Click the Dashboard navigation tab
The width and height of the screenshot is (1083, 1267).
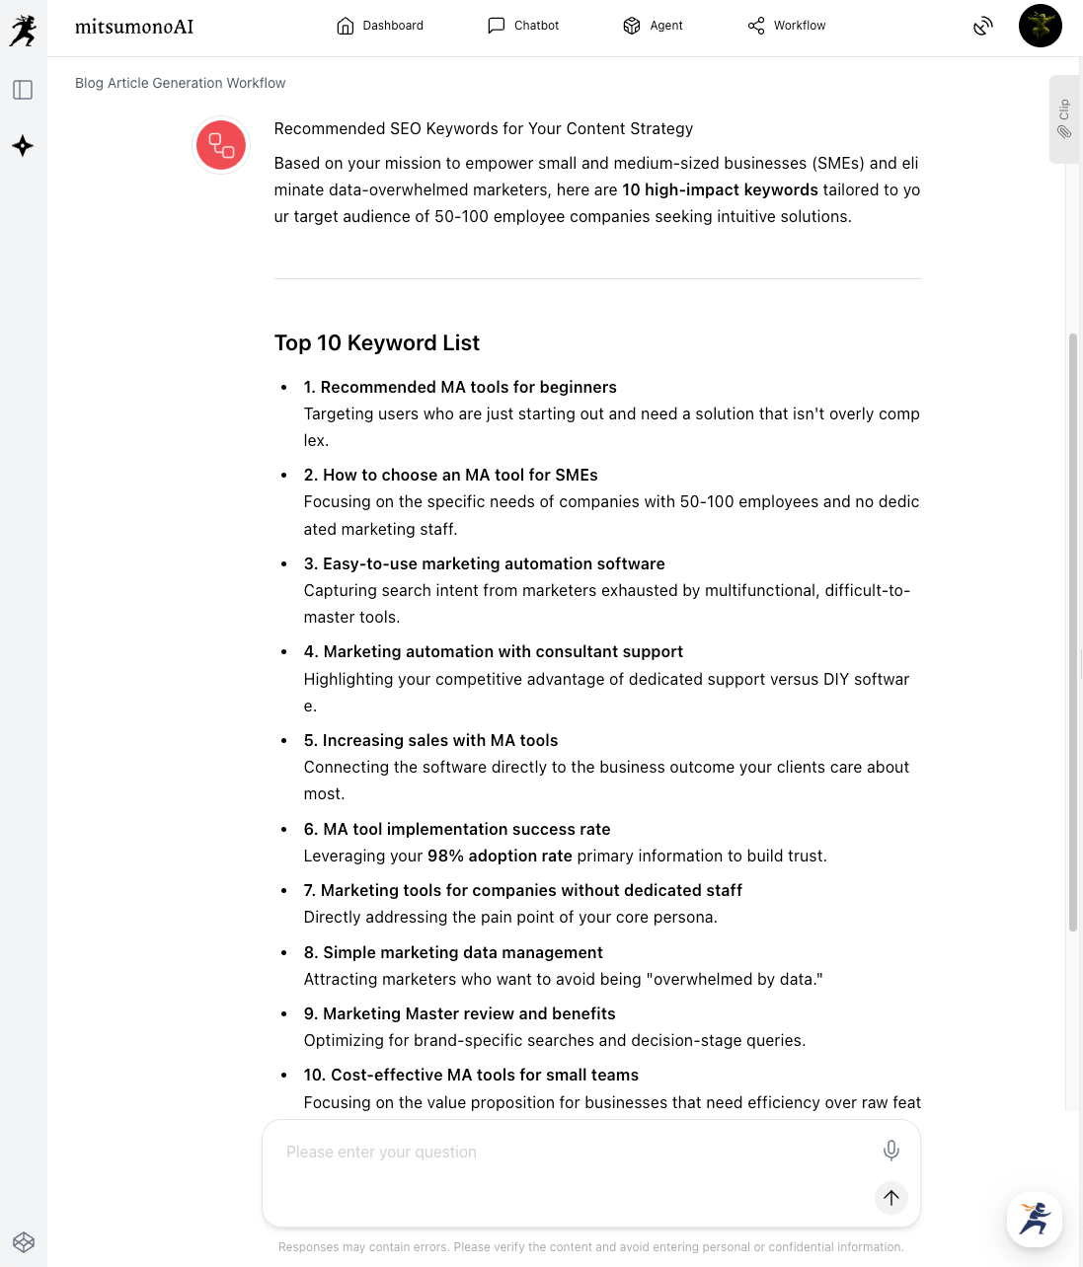pyautogui.click(x=380, y=26)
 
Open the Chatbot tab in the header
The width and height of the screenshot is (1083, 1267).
pyautogui.click(x=523, y=26)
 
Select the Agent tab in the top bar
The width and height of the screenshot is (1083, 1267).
pyautogui.click(x=653, y=26)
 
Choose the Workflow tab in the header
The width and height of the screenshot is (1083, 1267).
pyautogui.click(x=787, y=26)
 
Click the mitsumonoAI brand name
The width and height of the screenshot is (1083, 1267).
pyautogui.click(x=134, y=27)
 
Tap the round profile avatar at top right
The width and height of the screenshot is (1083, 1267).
pyautogui.click(x=1040, y=26)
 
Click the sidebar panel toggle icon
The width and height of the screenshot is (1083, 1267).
pyautogui.click(x=23, y=90)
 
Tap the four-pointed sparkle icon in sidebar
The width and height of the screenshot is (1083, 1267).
pyautogui.click(x=23, y=146)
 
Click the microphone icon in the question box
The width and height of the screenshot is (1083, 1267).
pyautogui.click(x=890, y=1151)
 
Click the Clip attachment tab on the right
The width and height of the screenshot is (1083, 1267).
pyautogui.click(x=1064, y=118)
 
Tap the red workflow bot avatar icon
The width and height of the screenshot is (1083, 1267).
pyautogui.click(x=221, y=145)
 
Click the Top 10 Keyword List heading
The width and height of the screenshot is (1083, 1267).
pyautogui.click(x=377, y=342)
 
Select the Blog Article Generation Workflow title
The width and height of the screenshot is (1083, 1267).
pyautogui.click(x=181, y=83)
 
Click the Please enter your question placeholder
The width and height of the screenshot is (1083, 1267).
pyautogui.click(x=382, y=1152)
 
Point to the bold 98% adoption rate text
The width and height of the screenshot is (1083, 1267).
pyautogui.click(x=500, y=856)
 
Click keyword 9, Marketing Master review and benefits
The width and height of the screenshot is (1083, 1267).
pyautogui.click(x=460, y=1013)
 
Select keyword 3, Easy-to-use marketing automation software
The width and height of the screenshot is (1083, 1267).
pyautogui.click(x=485, y=563)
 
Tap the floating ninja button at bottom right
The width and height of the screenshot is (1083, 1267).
pyautogui.click(x=1034, y=1219)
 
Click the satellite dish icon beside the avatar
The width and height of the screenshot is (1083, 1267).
pyautogui.click(x=982, y=26)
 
